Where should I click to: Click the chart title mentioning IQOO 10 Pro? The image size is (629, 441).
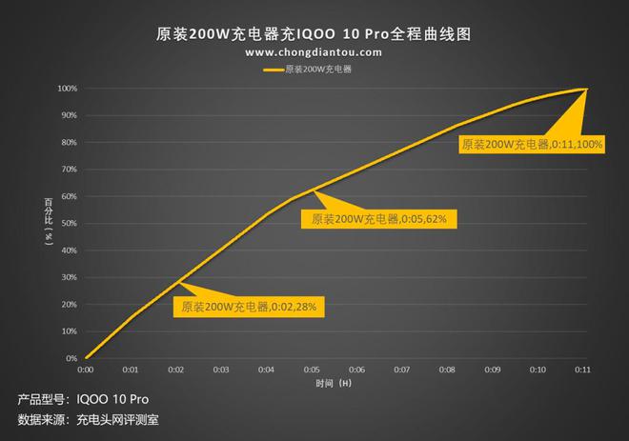[x=314, y=33]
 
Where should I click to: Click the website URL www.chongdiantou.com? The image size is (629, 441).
[x=314, y=53]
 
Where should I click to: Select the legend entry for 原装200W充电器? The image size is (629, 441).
[x=315, y=70]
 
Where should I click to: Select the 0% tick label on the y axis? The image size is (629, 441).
[x=71, y=359]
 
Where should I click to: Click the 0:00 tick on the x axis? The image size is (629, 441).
[x=85, y=369]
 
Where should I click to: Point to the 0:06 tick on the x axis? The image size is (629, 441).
[x=356, y=369]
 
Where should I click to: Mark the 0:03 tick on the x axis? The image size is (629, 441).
[x=221, y=369]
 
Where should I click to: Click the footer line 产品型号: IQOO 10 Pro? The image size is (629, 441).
[x=83, y=398]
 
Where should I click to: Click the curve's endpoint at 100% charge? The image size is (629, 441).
[x=583, y=89]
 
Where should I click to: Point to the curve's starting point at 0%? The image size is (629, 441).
[x=86, y=358]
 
